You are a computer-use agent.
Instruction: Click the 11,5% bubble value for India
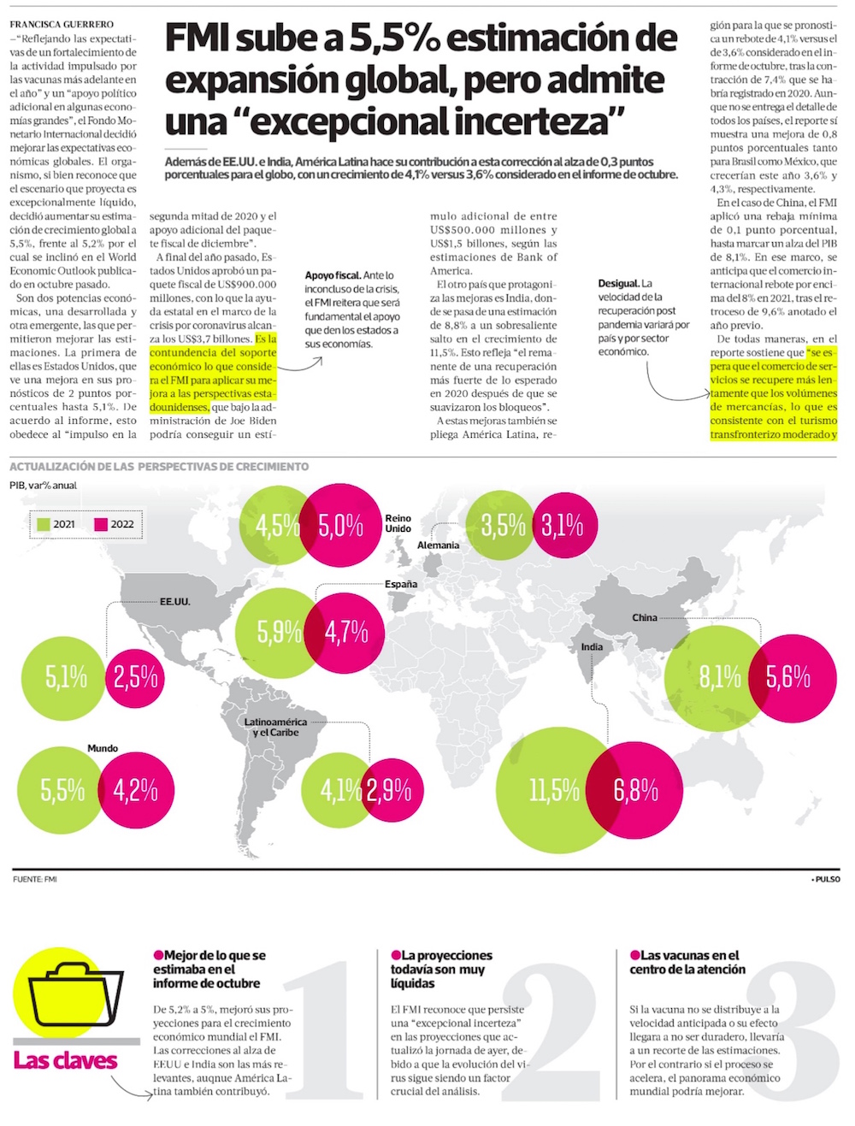pyautogui.click(x=554, y=791)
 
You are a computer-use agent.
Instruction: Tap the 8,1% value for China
pyautogui.click(x=720, y=677)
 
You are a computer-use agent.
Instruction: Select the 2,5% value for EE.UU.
pyautogui.click(x=136, y=678)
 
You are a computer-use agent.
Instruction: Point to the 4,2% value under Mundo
pyautogui.click(x=136, y=790)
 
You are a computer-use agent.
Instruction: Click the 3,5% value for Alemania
pyautogui.click(x=503, y=525)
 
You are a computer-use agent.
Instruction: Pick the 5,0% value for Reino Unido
pyautogui.click(x=340, y=526)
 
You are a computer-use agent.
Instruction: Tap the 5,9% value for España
pyautogui.click(x=279, y=632)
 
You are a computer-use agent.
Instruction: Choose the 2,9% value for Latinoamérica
pyautogui.click(x=389, y=791)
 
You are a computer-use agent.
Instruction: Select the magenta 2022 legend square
pyautogui.click(x=101, y=524)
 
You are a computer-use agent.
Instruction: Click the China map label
pyautogui.click(x=645, y=617)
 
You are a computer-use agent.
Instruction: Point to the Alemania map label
pyautogui.click(x=438, y=545)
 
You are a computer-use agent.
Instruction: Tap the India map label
pyautogui.click(x=592, y=647)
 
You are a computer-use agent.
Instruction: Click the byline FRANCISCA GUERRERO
pyautogui.click(x=62, y=25)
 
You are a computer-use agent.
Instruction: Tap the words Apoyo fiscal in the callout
pyautogui.click(x=333, y=275)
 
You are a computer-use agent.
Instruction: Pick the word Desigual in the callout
pyautogui.click(x=618, y=283)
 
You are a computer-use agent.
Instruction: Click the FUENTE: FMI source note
pyautogui.click(x=35, y=879)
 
